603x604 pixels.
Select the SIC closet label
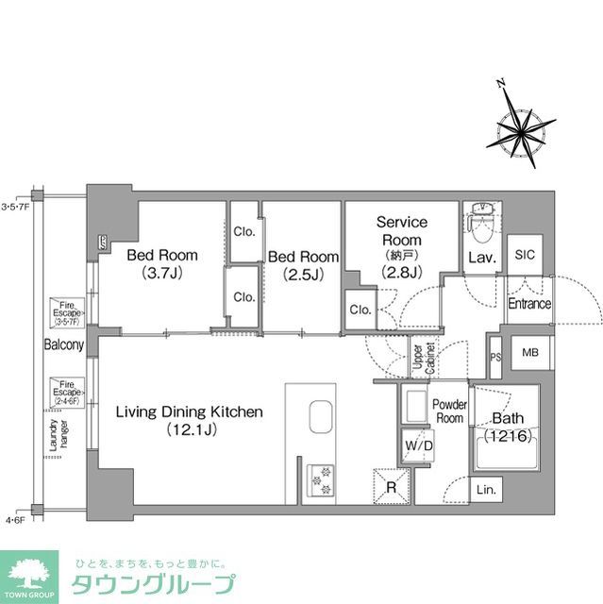point(524,253)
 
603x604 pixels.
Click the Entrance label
point(528,303)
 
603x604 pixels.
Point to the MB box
point(529,353)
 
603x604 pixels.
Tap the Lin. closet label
point(488,491)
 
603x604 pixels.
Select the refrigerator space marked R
point(391,486)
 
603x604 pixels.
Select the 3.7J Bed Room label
point(161,263)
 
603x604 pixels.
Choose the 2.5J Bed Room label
point(302,264)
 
